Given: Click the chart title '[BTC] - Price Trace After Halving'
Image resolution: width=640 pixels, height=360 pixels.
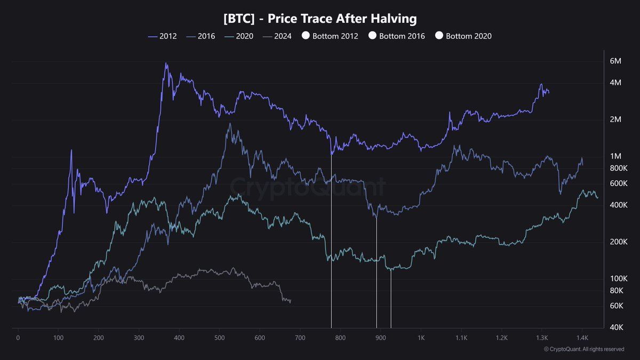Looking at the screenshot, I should (320, 18).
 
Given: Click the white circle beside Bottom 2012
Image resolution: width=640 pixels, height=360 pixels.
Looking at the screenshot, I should (306, 36).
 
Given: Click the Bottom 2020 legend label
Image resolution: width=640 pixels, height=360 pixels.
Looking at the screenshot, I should (468, 36).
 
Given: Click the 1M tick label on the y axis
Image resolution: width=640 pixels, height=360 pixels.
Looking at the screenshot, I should (615, 156).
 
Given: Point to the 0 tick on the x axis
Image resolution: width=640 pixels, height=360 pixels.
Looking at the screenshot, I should (18, 338).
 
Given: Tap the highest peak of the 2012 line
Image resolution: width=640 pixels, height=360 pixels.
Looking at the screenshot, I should (166, 63).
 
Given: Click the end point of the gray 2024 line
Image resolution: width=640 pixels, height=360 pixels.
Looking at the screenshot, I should (290, 301).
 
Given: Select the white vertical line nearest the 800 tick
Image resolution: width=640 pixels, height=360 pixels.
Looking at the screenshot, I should (332, 240).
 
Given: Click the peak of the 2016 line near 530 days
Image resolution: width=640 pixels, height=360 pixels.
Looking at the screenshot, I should (230, 124).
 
